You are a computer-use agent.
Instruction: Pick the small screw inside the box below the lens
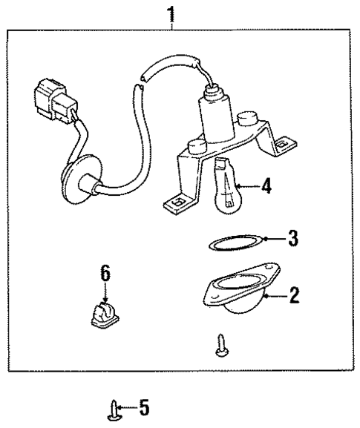(x=220, y=345)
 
